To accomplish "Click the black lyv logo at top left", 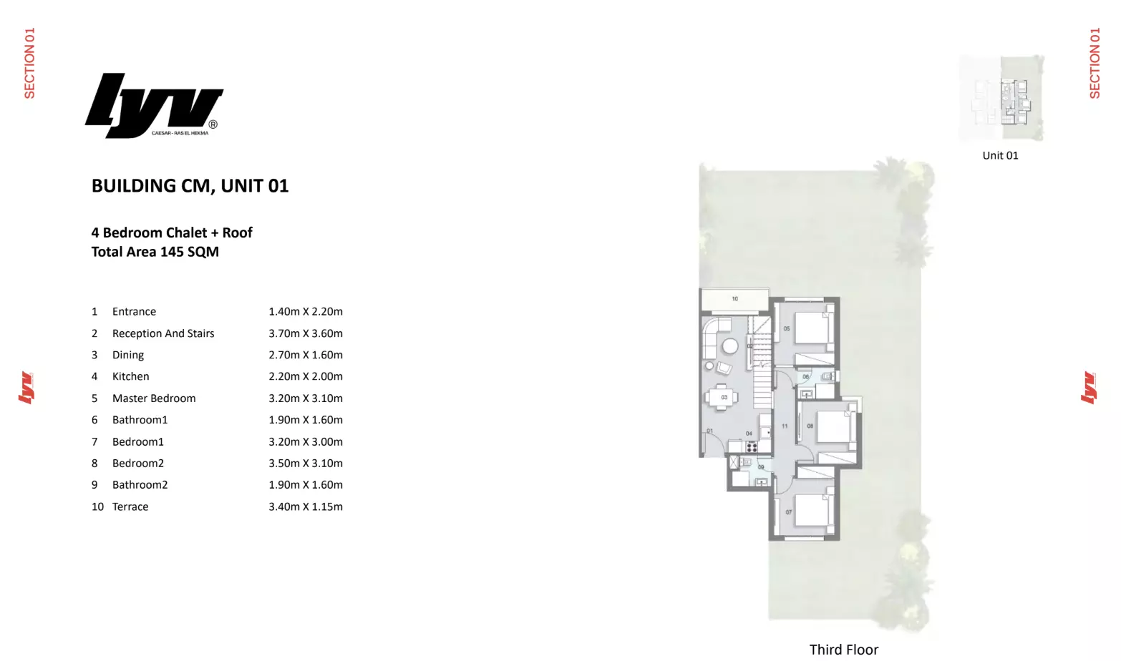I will click(x=153, y=106).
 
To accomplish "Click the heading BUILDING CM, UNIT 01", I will click(x=190, y=186).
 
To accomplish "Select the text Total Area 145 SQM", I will click(x=155, y=252).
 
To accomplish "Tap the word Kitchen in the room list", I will click(x=130, y=376).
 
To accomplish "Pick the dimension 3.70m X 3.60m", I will click(x=306, y=333).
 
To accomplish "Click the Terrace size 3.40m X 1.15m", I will click(x=306, y=506).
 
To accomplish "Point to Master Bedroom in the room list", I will click(x=154, y=398).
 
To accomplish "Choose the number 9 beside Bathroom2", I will click(x=94, y=485).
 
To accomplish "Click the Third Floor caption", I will click(x=843, y=650).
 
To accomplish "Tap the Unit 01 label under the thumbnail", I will click(x=1000, y=156).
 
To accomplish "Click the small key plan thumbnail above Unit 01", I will click(x=1001, y=99).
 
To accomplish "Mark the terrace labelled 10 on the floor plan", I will click(x=734, y=299).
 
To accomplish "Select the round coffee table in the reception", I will click(x=729, y=347).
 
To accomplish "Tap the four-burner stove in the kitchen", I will click(x=752, y=447).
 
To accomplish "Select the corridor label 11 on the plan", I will click(x=785, y=426).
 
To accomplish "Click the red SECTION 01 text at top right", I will click(x=1095, y=63).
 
